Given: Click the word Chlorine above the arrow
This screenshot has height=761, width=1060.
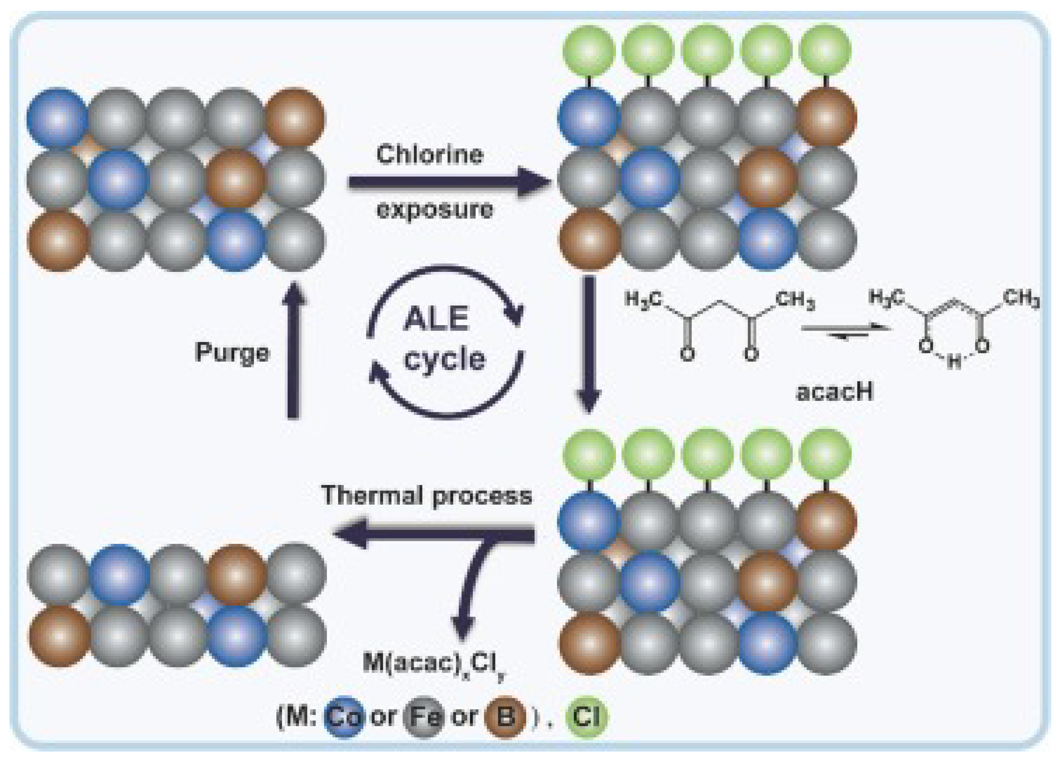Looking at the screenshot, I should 429,155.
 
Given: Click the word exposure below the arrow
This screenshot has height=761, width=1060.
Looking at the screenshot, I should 435,210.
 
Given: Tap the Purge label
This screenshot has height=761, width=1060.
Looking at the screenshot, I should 232,352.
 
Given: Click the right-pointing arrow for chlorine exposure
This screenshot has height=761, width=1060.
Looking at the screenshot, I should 449,182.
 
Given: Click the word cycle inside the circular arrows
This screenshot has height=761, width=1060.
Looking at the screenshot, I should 445,360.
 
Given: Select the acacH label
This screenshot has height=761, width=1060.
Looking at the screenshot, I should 835,392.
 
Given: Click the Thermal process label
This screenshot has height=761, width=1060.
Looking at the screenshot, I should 426,495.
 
